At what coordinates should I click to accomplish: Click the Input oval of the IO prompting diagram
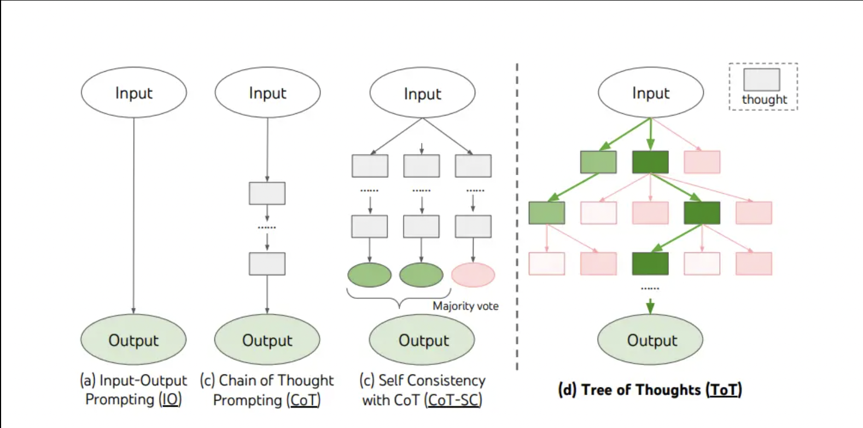pyautogui.click(x=133, y=92)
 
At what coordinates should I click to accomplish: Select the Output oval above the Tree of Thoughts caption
pyautogui.click(x=650, y=340)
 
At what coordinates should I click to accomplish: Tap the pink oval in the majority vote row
pyautogui.click(x=473, y=275)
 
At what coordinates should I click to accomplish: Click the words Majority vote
pyautogui.click(x=465, y=306)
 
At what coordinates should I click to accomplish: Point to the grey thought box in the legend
pyautogui.click(x=762, y=80)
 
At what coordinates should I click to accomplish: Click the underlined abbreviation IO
pyautogui.click(x=171, y=400)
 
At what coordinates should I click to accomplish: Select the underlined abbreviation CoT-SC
pyautogui.click(x=453, y=400)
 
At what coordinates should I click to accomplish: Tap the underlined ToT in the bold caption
pyautogui.click(x=724, y=390)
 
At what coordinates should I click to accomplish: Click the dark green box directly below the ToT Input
pyautogui.click(x=650, y=162)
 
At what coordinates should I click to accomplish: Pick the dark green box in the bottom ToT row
pyautogui.click(x=650, y=264)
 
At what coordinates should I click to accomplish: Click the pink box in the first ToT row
pyautogui.click(x=702, y=162)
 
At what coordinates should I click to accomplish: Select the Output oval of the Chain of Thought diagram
pyautogui.click(x=267, y=340)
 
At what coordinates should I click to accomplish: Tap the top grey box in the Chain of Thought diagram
pyautogui.click(x=267, y=193)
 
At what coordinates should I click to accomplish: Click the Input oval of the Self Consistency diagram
pyautogui.click(x=423, y=92)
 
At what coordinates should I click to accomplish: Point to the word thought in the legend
pyautogui.click(x=765, y=100)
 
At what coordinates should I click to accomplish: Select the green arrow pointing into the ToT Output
pyautogui.click(x=650, y=306)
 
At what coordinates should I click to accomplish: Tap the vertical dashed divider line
pyautogui.click(x=517, y=217)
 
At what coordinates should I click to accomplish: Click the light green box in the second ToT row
pyautogui.click(x=547, y=213)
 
